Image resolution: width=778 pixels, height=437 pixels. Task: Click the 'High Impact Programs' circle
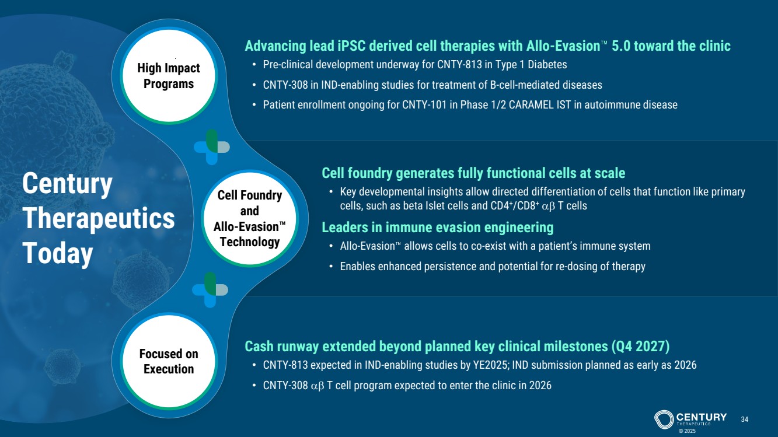[169, 75]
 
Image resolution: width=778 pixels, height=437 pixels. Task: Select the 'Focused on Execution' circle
[169, 361]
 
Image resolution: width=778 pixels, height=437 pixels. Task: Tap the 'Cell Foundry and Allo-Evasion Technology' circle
[250, 218]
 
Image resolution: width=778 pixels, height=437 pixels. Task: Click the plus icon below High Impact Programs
[211, 147]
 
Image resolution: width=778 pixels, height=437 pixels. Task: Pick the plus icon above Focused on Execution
[210, 289]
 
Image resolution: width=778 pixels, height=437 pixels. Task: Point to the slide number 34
[744, 419]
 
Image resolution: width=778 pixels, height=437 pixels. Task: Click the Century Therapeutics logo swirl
[664, 419]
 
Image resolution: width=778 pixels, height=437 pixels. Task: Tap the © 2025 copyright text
[687, 431]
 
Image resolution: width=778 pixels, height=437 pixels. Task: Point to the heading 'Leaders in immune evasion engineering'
[438, 228]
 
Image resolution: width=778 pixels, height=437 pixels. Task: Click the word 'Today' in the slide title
[58, 253]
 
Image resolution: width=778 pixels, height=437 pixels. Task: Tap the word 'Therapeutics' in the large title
[99, 219]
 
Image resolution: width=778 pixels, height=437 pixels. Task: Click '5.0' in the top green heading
[620, 46]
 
